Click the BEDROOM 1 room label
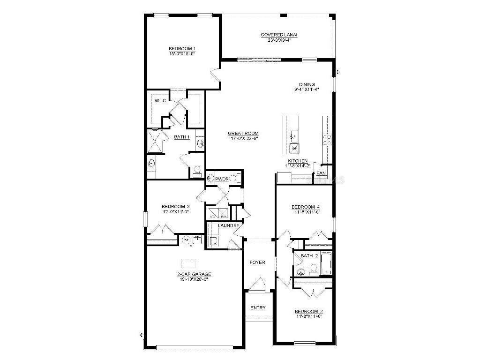182,49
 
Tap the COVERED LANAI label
279,35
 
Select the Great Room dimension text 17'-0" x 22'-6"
243,139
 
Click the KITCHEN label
298,161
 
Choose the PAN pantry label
321,173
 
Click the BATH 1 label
182,137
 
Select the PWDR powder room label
222,179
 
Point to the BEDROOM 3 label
175,207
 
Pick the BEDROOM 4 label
306,207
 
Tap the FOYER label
257,262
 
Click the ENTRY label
258,308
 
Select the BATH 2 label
309,256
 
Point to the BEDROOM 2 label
308,312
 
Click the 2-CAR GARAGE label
194,274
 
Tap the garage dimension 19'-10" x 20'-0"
194,279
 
